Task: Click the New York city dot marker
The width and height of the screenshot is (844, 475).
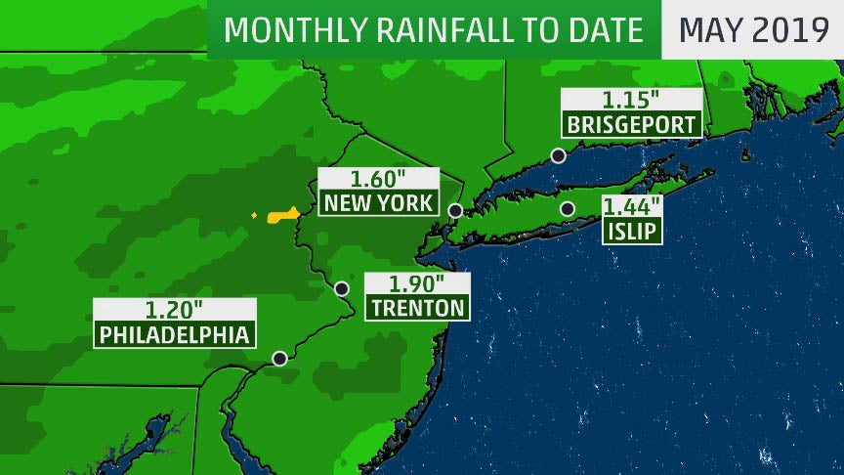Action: pyautogui.click(x=455, y=210)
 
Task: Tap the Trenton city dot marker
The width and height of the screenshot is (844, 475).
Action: pyautogui.click(x=342, y=288)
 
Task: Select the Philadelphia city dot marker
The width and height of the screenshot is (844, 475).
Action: pyautogui.click(x=279, y=359)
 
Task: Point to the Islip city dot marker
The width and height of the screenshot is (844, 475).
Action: pyautogui.click(x=567, y=209)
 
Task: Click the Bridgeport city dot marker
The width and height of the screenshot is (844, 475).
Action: pyautogui.click(x=558, y=155)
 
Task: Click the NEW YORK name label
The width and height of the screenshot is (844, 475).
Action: pyautogui.click(x=378, y=203)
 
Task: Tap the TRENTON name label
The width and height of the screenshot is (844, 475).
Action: pyautogui.click(x=417, y=308)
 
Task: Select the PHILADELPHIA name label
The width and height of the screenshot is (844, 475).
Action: pyautogui.click(x=175, y=334)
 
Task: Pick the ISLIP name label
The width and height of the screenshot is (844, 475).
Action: pyautogui.click(x=632, y=232)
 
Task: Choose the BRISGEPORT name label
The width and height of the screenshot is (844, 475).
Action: pyautogui.click(x=632, y=125)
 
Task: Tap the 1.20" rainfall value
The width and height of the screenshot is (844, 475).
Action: pyautogui.click(x=175, y=311)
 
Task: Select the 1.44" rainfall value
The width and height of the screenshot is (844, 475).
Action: pyautogui.click(x=632, y=206)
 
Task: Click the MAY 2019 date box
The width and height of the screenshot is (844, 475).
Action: pyautogui.click(x=753, y=29)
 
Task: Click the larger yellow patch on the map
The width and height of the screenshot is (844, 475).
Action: pyautogui.click(x=284, y=213)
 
